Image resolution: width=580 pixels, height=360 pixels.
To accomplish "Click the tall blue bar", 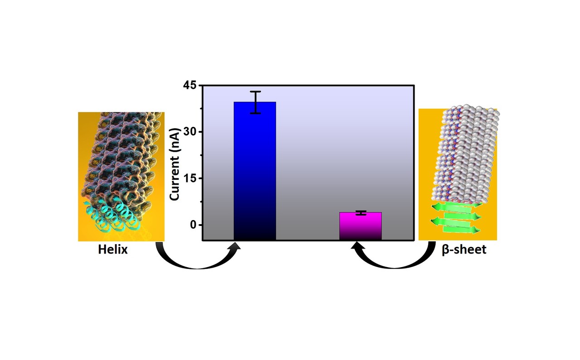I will click(x=255, y=172).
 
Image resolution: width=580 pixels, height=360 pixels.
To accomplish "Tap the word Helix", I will click(x=113, y=250).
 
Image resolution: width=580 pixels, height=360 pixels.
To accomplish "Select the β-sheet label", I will click(x=464, y=250).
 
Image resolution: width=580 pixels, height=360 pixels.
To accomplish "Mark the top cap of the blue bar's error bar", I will click(x=256, y=92).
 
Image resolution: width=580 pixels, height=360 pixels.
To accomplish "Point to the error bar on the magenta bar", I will click(x=361, y=213).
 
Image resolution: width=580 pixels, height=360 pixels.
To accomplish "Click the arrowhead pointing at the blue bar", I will click(x=236, y=246).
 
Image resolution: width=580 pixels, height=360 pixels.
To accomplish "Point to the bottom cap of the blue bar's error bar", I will click(x=256, y=113).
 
